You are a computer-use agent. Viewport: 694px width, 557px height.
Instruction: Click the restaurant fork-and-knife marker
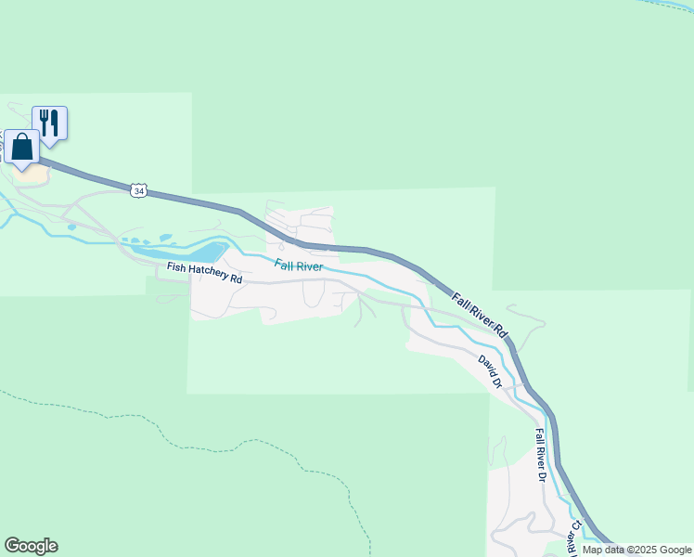[50, 123]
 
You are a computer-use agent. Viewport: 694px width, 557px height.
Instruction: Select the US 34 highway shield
[138, 190]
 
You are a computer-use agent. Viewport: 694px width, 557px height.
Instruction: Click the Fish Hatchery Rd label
[204, 273]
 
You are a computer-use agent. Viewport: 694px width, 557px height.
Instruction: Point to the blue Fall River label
[298, 266]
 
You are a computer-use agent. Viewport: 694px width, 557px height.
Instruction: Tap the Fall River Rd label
[482, 315]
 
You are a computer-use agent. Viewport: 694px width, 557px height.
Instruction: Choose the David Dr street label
[490, 370]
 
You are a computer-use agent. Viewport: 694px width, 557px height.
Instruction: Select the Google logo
[31, 546]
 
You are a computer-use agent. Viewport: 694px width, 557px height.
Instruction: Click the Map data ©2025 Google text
[636, 550]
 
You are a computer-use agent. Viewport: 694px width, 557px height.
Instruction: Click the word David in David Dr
[486, 366]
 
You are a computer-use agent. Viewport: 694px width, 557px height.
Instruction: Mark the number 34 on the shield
[138, 190]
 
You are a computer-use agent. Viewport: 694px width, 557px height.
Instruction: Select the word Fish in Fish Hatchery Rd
[175, 268]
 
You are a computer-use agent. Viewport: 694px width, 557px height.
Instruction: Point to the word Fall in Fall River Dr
[539, 436]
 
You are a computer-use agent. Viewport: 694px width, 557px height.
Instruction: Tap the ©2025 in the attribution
[638, 550]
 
